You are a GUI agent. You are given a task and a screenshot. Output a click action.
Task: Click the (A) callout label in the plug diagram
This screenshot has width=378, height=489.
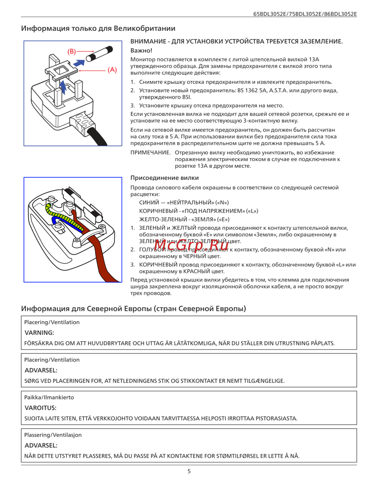point(112,70)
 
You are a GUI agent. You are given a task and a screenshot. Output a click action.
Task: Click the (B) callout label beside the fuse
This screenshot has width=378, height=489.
point(71,51)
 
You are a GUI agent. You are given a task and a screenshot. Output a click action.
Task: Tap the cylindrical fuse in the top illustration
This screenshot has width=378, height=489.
point(99,54)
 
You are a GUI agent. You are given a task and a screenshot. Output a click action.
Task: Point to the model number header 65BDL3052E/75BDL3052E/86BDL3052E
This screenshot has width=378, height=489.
point(305,14)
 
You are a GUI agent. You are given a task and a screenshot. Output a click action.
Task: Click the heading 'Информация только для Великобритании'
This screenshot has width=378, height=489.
point(98,28)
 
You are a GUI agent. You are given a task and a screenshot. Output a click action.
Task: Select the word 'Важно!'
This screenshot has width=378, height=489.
point(141,51)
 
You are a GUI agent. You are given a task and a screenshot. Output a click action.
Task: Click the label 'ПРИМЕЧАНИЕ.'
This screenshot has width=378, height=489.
point(150,153)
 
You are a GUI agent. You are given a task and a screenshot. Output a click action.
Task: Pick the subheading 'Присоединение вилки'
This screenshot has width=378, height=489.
point(164,178)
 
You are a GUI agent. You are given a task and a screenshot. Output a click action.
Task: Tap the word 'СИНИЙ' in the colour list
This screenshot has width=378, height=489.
point(149,203)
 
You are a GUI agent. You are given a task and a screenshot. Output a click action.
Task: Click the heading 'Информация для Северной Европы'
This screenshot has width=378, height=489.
point(133,309)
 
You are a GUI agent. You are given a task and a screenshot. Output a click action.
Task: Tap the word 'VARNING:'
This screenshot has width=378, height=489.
point(39,333)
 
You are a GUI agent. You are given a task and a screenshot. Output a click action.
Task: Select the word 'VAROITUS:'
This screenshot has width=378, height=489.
point(40,408)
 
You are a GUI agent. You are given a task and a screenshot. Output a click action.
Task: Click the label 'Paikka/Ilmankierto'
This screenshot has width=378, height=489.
point(49,398)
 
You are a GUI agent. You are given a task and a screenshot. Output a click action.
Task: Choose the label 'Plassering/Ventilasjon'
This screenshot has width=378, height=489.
point(53,435)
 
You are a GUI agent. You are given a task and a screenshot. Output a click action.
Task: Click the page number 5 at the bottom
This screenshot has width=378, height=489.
point(189,471)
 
